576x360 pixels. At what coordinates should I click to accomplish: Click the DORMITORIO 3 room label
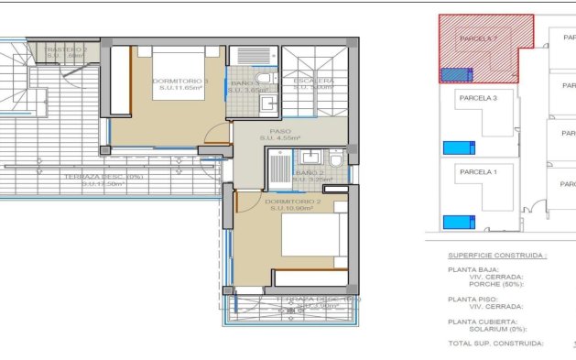(x=180, y=82)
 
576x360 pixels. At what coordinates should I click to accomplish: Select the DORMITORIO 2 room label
(x=291, y=201)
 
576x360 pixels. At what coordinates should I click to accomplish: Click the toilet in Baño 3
(x=263, y=77)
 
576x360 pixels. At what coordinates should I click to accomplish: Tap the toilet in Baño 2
(x=335, y=161)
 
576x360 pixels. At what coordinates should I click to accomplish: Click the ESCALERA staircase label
(x=313, y=82)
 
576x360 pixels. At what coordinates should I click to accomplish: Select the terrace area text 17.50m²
(x=103, y=183)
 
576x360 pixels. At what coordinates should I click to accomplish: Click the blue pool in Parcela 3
(x=454, y=147)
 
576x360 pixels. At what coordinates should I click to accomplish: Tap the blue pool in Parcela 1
(x=454, y=221)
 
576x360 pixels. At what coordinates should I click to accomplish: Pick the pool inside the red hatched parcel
(x=455, y=75)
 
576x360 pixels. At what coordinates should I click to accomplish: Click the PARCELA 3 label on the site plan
(x=477, y=98)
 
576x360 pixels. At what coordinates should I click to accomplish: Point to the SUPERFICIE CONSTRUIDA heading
(x=496, y=256)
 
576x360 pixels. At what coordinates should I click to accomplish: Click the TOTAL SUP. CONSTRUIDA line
(x=494, y=344)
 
